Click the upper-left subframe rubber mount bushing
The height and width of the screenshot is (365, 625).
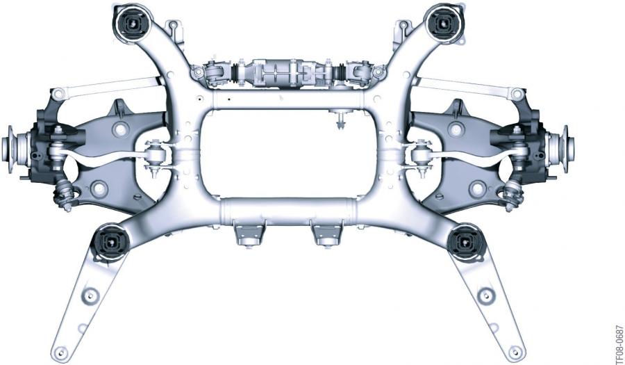[131, 24]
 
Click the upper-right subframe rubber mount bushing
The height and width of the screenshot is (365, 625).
[442, 23]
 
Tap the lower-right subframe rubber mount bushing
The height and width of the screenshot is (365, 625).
[465, 242]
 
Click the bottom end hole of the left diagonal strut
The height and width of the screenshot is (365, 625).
[60, 352]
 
